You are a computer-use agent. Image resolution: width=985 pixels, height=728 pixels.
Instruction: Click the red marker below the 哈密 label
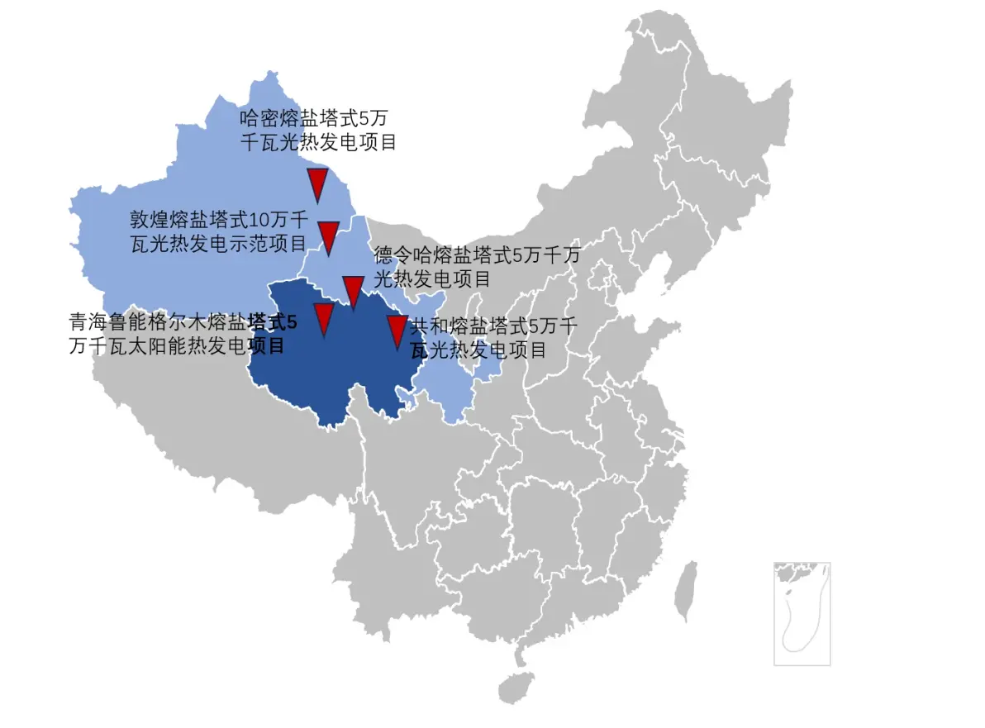[x=317, y=183]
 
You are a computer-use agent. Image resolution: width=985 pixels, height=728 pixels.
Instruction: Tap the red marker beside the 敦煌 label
[x=329, y=236]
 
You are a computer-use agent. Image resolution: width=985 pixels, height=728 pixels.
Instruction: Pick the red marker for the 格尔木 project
[x=323, y=318]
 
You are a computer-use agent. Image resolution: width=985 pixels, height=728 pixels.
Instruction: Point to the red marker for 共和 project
[x=397, y=330]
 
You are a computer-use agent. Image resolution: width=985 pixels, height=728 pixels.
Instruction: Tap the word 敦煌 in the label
[x=149, y=219]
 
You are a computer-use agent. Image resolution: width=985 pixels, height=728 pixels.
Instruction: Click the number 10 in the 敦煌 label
[x=259, y=219]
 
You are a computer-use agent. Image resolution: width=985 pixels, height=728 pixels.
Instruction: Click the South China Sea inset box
[x=802, y=613]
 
